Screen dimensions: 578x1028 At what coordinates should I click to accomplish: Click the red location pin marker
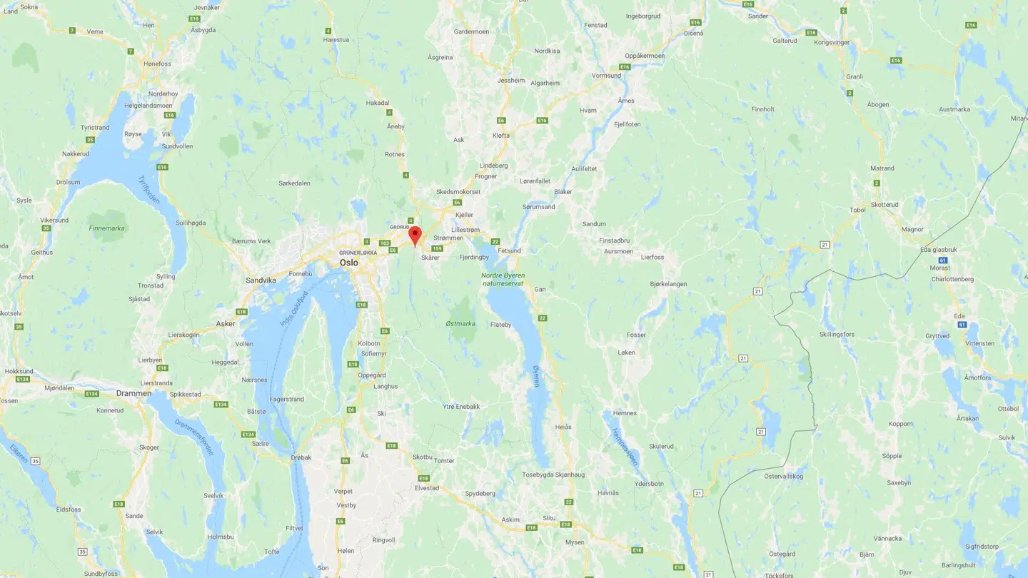[415, 235]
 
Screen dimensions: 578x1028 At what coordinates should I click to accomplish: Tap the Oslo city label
[349, 263]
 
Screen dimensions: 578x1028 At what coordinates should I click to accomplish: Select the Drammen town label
[134, 393]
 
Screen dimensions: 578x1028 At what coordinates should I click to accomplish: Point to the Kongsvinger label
[833, 42]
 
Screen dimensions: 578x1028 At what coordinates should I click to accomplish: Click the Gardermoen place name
[471, 31]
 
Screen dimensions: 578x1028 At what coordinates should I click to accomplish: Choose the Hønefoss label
[158, 64]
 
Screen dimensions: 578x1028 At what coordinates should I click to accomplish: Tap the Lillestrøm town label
[466, 230]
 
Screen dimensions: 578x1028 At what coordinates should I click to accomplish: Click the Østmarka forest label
[460, 324]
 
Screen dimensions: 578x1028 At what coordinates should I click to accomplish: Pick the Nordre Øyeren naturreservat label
[503, 279]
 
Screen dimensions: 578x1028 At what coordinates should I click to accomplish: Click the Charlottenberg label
[952, 279]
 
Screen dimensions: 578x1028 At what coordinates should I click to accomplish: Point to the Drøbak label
[301, 457]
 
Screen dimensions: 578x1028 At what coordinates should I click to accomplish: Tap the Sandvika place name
[261, 280]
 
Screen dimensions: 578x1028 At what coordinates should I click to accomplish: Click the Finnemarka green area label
[106, 228]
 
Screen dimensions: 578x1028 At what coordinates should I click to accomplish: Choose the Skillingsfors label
[837, 334]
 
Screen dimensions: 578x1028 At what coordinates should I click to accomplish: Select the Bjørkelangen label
[668, 284]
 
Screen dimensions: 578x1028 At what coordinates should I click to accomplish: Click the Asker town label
[226, 323]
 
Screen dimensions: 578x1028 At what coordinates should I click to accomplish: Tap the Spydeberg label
[480, 493]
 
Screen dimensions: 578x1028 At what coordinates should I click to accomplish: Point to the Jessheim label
[510, 81]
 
